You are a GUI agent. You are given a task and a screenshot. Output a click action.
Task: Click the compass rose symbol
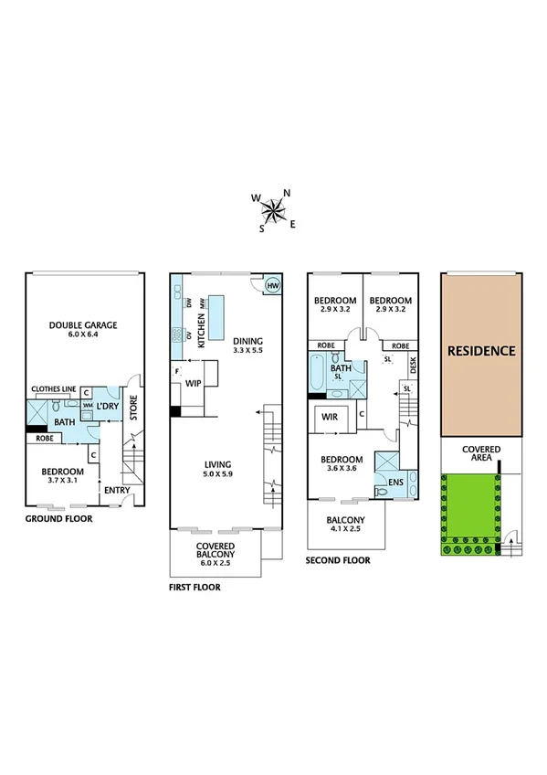point(273,211)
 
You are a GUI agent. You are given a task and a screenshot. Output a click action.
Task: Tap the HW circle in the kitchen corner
point(272,286)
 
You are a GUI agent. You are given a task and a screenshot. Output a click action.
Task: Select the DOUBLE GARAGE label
point(83,329)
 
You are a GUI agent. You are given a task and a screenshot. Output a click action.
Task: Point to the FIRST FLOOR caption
point(195,588)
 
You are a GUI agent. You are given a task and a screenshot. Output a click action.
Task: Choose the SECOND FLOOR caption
point(339,560)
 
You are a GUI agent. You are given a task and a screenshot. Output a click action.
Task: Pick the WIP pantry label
point(194,384)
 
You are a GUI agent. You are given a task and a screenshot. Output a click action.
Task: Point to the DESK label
point(414,366)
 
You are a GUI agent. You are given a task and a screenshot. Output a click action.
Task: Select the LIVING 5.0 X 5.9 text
point(217,468)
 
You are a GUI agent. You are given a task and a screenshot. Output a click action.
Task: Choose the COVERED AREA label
point(480,453)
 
